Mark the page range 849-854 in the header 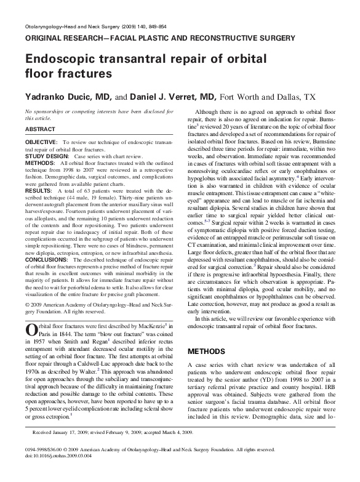coord(155,28)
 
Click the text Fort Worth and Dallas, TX coord(268,97)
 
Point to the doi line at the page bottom coord(62,473)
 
